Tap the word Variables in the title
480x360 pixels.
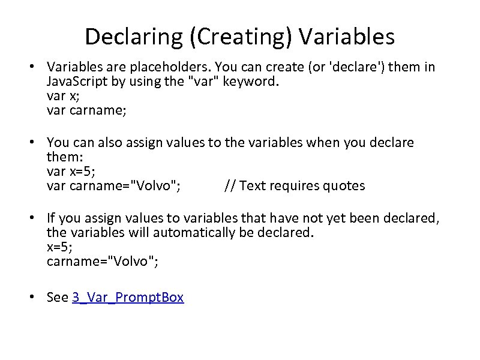347,37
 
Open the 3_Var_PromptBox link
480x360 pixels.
128,297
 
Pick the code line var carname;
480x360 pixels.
79,110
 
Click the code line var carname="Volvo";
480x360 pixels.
113,185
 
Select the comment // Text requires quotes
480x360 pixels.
294,185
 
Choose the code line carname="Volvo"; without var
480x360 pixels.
103,261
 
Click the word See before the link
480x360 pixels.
58,297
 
